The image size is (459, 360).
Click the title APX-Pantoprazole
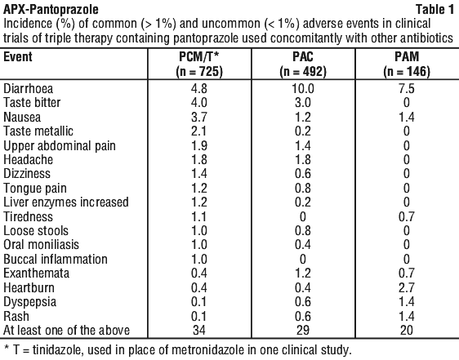[x=51, y=10]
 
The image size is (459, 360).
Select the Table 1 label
[x=435, y=10]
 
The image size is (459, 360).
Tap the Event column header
[x=18, y=56]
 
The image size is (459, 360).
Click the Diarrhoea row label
[x=28, y=88]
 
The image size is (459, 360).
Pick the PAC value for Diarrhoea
[x=303, y=88]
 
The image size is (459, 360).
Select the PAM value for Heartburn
[x=406, y=287]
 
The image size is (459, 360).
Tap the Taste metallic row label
[x=38, y=131]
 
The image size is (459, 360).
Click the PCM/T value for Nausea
[x=199, y=117]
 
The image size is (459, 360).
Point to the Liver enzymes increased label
[x=66, y=202]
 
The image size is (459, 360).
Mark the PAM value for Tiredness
[x=406, y=216]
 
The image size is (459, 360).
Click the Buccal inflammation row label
[x=56, y=260]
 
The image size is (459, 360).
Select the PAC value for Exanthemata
[x=303, y=273]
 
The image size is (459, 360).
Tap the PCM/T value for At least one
[x=199, y=330]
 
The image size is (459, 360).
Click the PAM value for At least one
[x=406, y=330]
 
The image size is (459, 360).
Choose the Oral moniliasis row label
[x=41, y=245]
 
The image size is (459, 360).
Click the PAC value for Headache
[x=303, y=159]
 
